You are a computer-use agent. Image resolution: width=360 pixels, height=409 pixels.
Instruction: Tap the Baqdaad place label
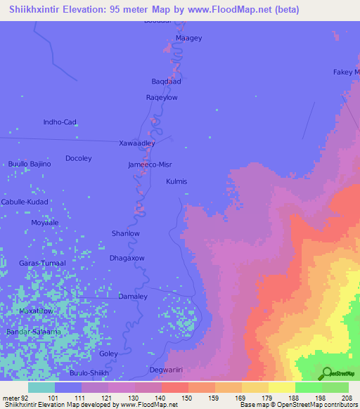(167, 82)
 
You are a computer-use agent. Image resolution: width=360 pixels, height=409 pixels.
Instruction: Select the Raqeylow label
(162, 98)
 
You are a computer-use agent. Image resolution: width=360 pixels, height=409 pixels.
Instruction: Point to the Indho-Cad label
(60, 122)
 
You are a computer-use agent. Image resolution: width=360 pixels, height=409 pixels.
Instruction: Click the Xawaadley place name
(137, 143)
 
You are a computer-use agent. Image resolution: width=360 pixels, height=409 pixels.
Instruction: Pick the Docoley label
(79, 159)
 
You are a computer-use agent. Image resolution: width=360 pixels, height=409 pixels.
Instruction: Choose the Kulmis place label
(176, 181)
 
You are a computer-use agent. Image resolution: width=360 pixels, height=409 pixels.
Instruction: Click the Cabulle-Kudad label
(24, 202)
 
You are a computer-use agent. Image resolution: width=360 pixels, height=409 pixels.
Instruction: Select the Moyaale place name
(44, 222)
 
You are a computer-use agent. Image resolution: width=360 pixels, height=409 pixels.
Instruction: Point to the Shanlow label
(126, 233)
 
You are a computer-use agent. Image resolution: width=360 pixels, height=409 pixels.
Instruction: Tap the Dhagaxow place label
(127, 258)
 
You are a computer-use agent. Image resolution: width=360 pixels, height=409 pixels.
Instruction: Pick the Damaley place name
(133, 297)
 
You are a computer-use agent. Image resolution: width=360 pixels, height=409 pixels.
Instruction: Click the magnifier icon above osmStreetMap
(326, 374)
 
